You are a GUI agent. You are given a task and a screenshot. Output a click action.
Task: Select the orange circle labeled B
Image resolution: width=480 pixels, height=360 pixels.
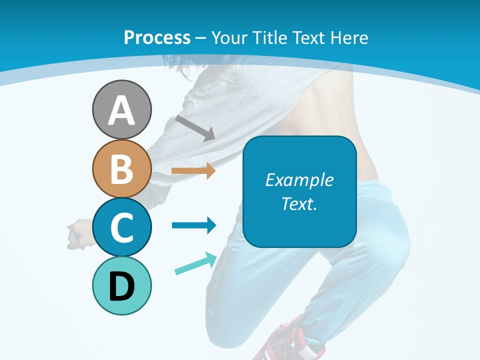tap(121, 168)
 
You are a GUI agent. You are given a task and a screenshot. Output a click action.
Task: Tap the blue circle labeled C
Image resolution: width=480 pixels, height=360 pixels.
tap(121, 227)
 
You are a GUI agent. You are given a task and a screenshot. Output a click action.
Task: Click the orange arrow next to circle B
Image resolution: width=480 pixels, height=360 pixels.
tap(193, 171)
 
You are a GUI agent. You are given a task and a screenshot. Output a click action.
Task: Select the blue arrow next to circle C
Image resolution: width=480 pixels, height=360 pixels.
tap(194, 225)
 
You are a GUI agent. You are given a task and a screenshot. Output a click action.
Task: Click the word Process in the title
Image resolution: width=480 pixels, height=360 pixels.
tap(157, 37)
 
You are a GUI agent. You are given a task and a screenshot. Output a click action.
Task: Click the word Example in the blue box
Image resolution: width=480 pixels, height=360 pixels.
tap(299, 180)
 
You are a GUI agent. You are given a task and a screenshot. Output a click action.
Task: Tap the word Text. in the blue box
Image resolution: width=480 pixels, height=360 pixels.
tap(299, 204)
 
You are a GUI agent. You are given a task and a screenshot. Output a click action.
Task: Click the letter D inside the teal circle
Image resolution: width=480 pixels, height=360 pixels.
tap(121, 287)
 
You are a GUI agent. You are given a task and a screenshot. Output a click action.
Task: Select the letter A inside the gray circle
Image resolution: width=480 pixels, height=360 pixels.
tap(121, 110)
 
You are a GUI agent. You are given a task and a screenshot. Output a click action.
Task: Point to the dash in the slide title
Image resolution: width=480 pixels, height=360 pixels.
tap(201, 38)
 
